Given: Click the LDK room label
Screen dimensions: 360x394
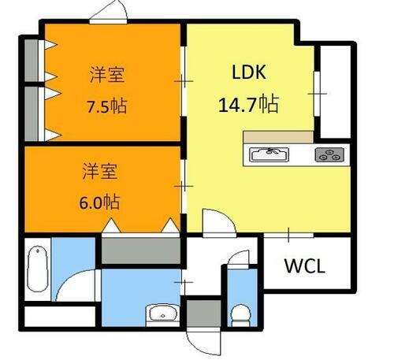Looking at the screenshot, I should click(x=249, y=73).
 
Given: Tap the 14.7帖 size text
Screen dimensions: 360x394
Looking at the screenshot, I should click(x=248, y=103).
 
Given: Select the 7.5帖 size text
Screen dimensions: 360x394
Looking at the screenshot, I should click(x=108, y=106).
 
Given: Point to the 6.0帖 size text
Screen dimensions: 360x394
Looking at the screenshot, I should click(x=101, y=202).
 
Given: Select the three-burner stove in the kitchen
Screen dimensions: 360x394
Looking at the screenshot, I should click(x=330, y=154).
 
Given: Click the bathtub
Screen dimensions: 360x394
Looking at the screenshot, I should click(x=36, y=273).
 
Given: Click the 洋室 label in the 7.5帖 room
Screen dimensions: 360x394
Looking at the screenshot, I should click(x=107, y=76).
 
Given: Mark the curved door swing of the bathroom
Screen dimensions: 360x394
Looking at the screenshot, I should click(x=76, y=284).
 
